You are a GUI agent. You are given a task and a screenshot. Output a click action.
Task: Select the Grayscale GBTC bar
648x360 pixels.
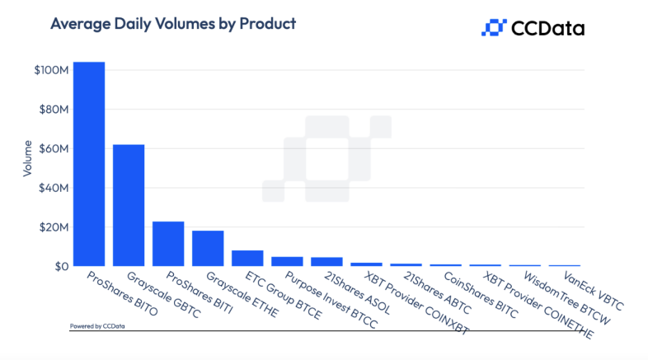129,205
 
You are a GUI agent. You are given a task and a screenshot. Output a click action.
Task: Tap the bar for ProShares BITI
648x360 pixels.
168,243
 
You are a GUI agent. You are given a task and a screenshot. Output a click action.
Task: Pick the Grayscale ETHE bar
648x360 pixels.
208,248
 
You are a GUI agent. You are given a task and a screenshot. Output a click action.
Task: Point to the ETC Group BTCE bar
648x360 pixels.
247,258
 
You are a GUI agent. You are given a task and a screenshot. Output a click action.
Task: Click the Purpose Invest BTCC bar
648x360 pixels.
287,261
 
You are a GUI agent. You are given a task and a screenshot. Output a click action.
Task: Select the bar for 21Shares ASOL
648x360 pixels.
326,262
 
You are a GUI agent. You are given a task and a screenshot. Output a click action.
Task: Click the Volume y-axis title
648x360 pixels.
27,161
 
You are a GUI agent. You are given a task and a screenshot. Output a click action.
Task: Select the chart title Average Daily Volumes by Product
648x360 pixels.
173,24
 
